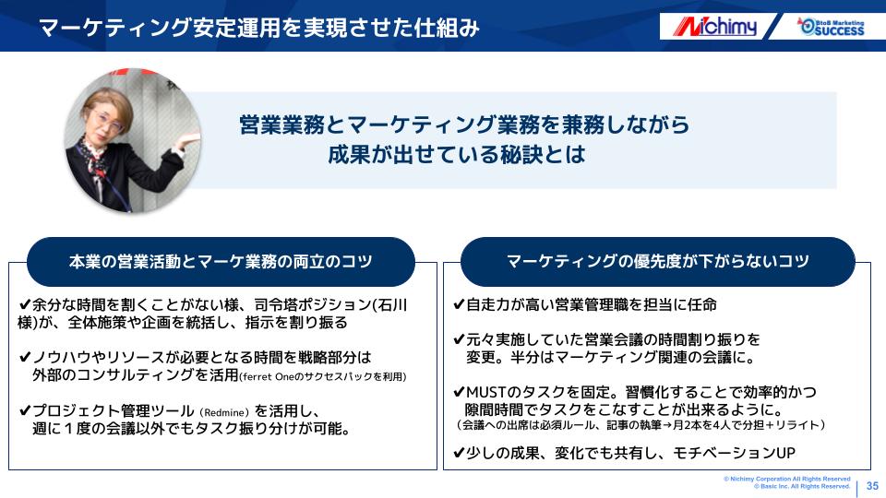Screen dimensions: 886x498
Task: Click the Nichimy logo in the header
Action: click(x=714, y=26)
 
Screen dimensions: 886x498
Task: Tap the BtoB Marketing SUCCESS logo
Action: click(x=831, y=27)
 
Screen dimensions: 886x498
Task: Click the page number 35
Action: click(x=872, y=486)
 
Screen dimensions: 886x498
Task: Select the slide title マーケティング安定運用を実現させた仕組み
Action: click(x=259, y=27)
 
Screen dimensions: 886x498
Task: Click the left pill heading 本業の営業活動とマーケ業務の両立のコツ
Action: click(x=221, y=261)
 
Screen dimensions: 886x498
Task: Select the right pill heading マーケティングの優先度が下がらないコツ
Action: click(x=658, y=261)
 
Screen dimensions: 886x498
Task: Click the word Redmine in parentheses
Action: click(x=224, y=413)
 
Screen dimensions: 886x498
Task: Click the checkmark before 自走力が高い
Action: click(x=459, y=305)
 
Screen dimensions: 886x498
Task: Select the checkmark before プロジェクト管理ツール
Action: click(x=25, y=410)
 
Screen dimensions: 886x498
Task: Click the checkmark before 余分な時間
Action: click(x=25, y=305)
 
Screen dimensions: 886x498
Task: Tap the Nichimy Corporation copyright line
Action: click(x=786, y=479)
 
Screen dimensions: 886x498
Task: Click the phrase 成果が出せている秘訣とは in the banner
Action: click(x=457, y=154)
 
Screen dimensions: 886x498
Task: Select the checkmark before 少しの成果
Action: click(x=459, y=453)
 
